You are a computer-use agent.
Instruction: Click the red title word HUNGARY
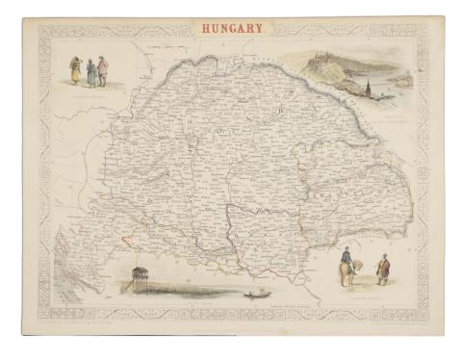coord(232,30)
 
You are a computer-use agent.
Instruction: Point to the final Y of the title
coord(261,30)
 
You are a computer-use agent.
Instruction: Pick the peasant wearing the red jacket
coord(102,70)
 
